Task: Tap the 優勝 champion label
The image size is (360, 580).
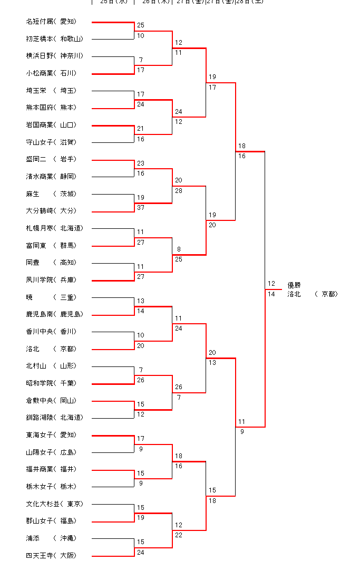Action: pyautogui.click(x=294, y=285)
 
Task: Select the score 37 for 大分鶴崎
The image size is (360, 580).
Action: pyautogui.click(x=141, y=207)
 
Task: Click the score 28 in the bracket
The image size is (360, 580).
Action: pyautogui.click(x=179, y=190)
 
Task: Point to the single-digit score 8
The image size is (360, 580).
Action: pyautogui.click(x=179, y=249)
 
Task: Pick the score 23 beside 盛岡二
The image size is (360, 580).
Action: pyautogui.click(x=141, y=163)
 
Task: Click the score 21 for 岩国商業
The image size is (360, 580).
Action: pyautogui.click(x=141, y=129)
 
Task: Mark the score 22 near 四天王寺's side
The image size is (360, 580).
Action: pyautogui.click(x=179, y=535)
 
